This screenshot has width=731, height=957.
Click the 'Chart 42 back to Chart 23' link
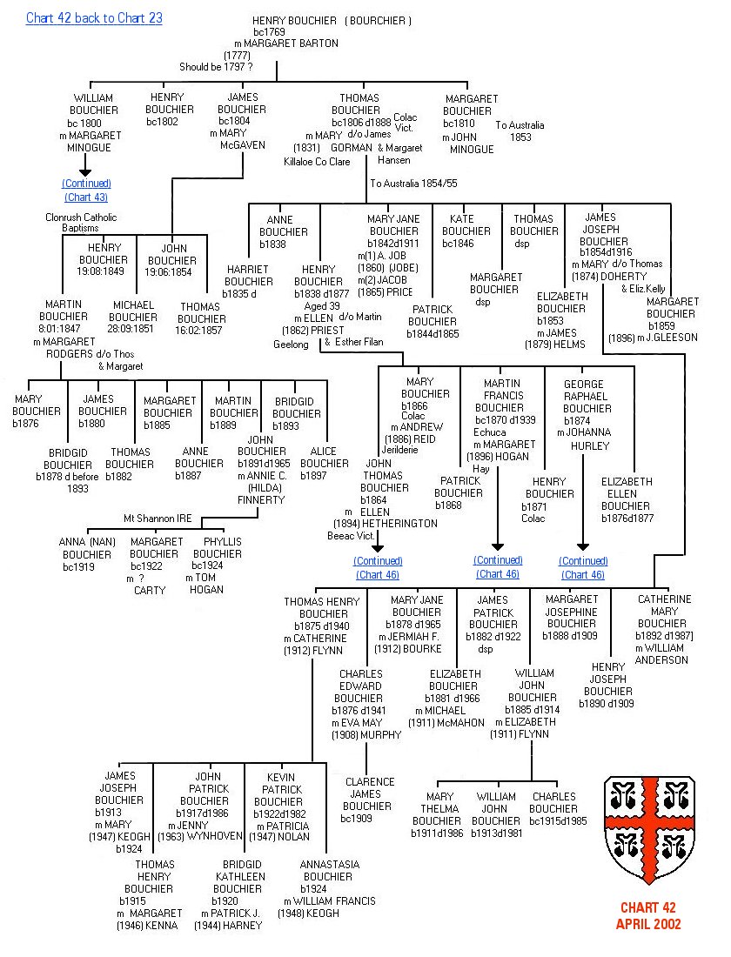tap(94, 18)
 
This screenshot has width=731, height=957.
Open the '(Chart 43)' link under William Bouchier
tap(86, 197)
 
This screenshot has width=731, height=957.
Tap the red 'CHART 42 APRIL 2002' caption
tap(649, 916)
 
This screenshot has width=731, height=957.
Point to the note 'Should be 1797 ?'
tap(216, 67)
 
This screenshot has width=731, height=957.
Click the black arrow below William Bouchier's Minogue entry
tap(86, 164)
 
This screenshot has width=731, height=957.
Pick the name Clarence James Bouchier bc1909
tap(370, 800)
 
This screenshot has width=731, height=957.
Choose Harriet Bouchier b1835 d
tap(249, 282)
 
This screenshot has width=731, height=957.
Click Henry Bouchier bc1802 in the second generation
tap(170, 110)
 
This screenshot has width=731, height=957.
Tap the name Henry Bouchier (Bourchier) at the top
tap(332, 21)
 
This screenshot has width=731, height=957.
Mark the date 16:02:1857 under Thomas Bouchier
tap(201, 331)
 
